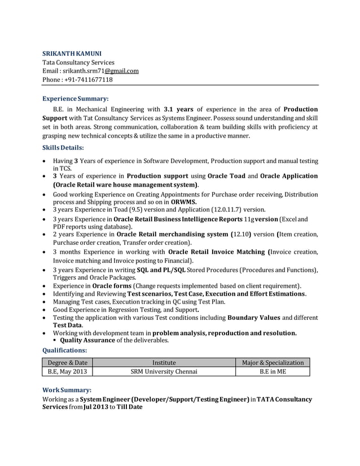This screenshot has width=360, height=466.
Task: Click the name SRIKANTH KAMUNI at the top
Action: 72,53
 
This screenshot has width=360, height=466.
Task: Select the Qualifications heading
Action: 65,350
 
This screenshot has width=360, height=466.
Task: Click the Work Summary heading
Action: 67,390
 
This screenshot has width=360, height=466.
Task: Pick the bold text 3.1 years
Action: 178,109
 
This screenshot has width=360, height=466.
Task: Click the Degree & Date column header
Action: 67,362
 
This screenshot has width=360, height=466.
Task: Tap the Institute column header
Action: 164,362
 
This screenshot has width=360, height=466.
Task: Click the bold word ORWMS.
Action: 184,201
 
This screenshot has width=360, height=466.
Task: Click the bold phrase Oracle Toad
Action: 226,176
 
